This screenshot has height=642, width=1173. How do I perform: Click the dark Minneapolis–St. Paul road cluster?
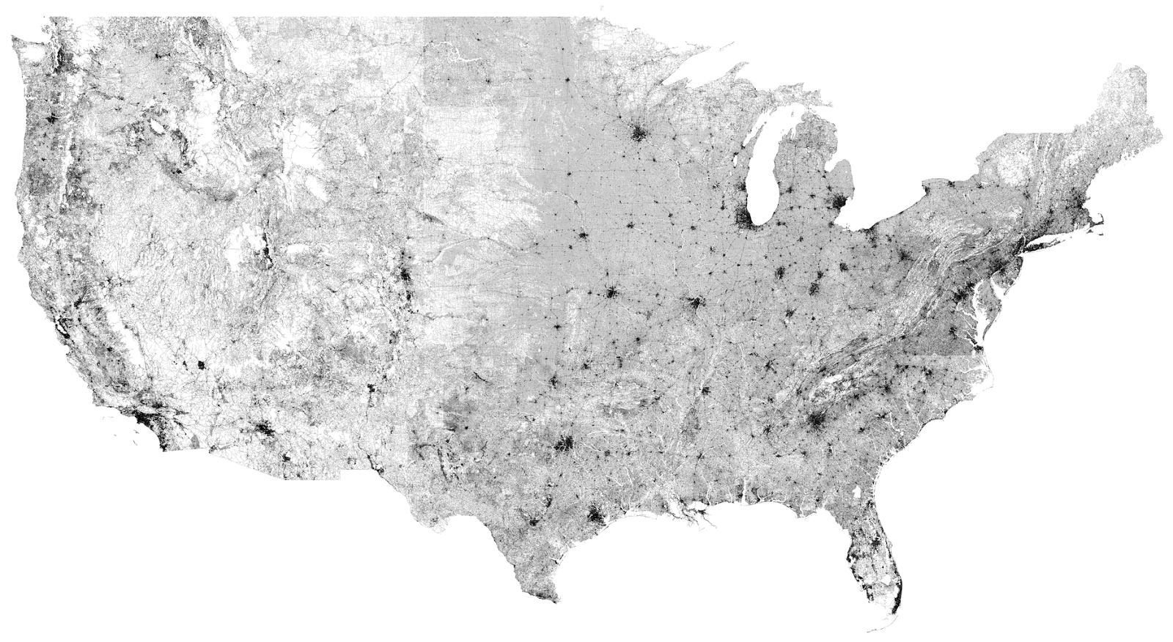tap(639, 133)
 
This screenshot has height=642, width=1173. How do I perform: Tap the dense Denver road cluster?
tap(405, 277)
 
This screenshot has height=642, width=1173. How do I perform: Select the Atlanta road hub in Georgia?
tap(817, 421)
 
